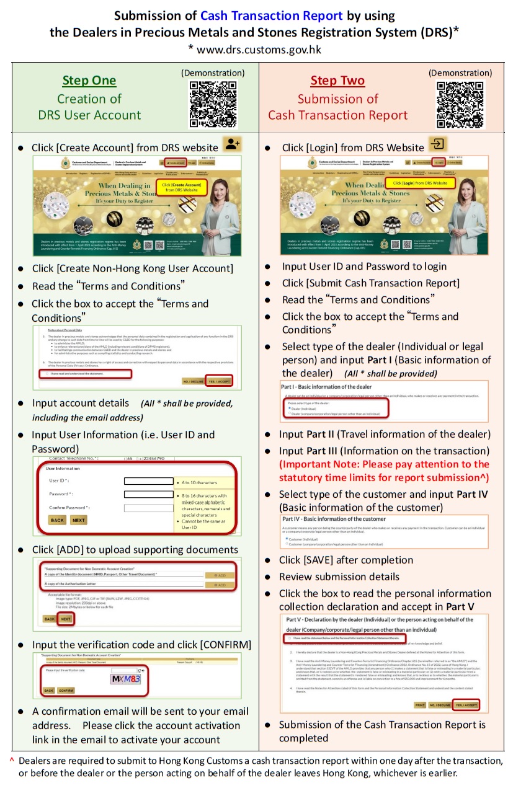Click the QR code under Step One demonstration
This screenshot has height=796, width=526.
[213, 104]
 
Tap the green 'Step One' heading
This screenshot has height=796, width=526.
[89, 81]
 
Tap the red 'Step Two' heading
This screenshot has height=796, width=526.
[337, 81]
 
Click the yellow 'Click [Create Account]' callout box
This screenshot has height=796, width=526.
[181, 187]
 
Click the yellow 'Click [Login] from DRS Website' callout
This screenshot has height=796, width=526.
[420, 184]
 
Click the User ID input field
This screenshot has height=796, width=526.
[148, 480]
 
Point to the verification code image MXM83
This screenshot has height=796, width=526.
[127, 679]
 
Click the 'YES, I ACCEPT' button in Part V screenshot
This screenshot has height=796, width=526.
[466, 705]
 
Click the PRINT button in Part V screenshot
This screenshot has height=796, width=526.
[421, 705]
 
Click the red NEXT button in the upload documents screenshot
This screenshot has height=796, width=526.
[66, 619]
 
